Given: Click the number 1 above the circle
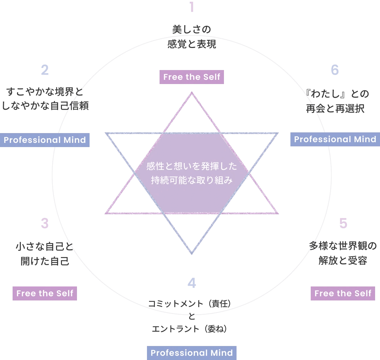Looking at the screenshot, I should (191, 7).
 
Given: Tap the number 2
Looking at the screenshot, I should (45, 70).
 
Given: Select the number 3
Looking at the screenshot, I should (44, 223).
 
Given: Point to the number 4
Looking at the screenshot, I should (191, 283).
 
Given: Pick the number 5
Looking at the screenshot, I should (343, 223).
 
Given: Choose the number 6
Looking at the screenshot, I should (335, 70).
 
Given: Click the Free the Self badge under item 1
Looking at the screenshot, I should (191, 77).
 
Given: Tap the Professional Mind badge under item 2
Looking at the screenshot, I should (45, 140).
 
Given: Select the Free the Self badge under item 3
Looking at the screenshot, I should (45, 293).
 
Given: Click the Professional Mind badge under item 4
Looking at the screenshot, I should (191, 353).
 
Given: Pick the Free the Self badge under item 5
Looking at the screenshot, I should (343, 293).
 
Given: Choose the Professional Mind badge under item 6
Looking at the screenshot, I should (335, 139).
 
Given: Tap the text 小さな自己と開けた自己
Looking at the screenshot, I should (45, 254).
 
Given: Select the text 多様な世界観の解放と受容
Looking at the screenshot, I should (343, 253).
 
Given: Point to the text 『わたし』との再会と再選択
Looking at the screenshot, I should (336, 101).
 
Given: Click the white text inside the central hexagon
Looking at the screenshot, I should (191, 173).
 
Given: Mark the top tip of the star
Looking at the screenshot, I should (191, 93).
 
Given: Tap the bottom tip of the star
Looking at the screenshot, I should (191, 253).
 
